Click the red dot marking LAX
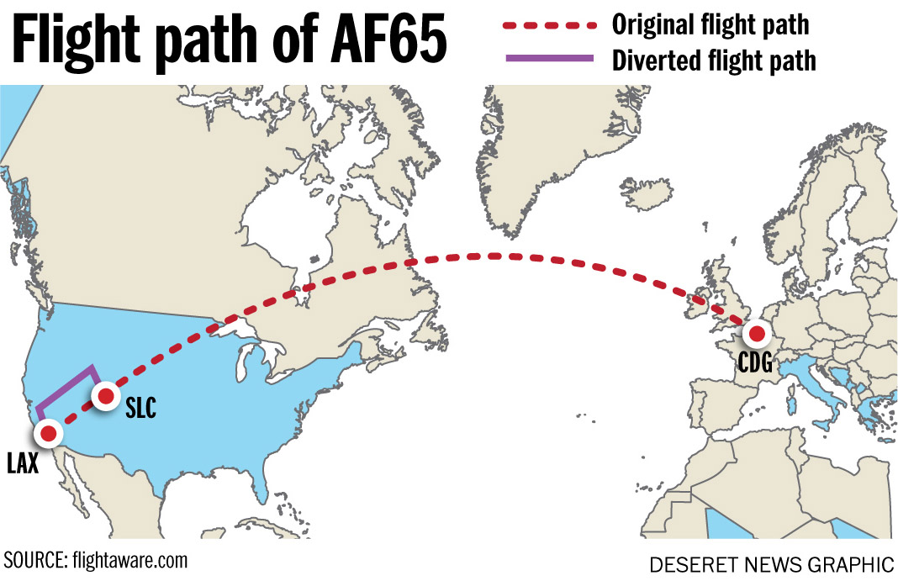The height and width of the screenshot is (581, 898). click(48, 433)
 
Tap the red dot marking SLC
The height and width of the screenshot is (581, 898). click(106, 395)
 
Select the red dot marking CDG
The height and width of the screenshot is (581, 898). click(756, 335)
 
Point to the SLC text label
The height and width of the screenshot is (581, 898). click(140, 409)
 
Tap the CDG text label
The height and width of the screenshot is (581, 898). click(754, 363)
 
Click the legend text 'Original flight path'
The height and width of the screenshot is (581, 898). click(710, 25)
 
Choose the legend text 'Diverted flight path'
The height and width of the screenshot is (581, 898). click(714, 61)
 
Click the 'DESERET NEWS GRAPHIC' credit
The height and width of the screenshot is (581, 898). click(771, 563)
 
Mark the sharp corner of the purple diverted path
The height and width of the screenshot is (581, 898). click(91, 367)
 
